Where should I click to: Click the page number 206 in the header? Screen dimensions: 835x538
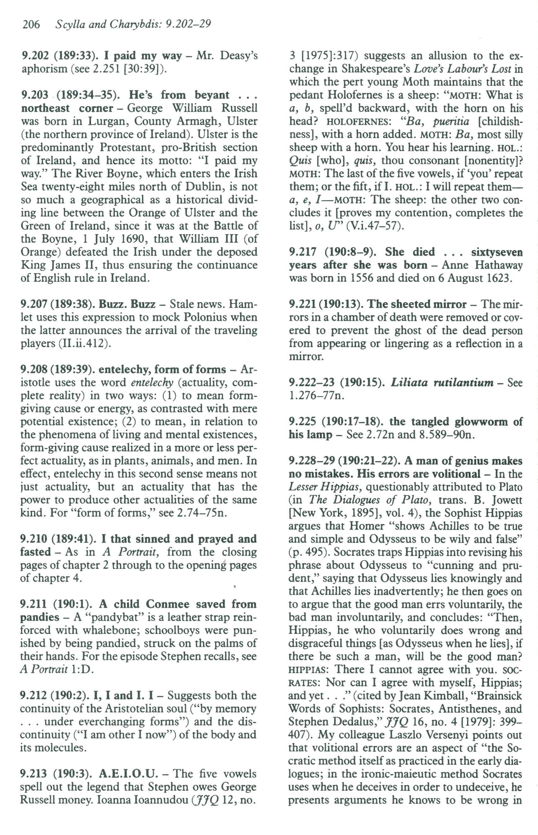(x=31, y=25)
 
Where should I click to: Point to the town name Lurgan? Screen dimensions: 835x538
(x=107, y=121)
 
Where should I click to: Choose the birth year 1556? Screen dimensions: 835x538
(x=363, y=278)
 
